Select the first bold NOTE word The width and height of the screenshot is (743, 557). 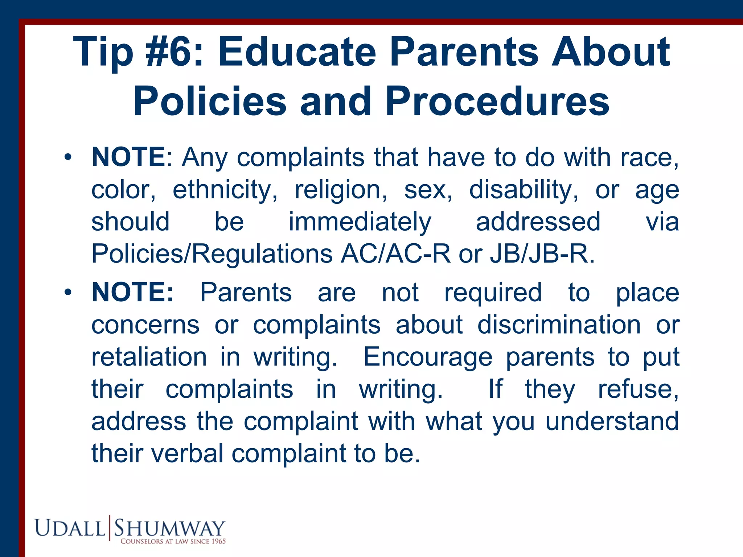coord(128,157)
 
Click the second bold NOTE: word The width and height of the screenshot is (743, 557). coord(133,292)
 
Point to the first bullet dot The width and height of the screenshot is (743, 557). coord(67,158)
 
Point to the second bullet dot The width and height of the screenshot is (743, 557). coord(67,293)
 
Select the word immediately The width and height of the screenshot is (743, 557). coord(360,222)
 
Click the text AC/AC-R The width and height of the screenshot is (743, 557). coord(395,254)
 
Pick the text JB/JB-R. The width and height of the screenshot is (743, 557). coord(542,254)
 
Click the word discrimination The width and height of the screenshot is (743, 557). coord(559,325)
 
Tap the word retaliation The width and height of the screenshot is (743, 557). coord(149,357)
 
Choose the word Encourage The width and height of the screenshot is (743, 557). coord(428,357)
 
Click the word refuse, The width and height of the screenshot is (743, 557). coord(638,389)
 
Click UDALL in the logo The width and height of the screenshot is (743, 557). coord(70,528)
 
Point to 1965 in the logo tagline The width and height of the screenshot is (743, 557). coord(218,541)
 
